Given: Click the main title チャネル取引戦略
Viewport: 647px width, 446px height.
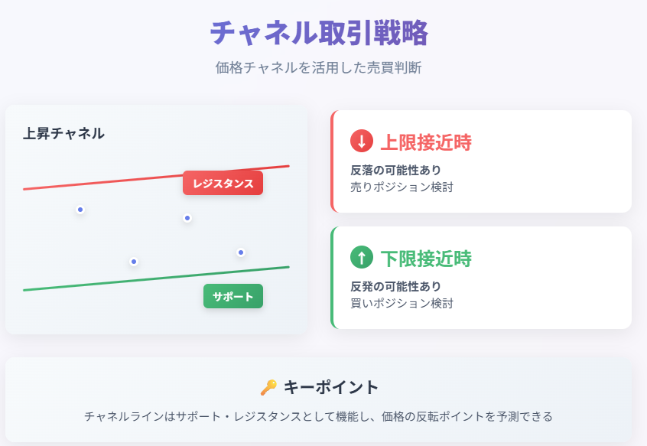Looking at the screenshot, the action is tap(319, 33).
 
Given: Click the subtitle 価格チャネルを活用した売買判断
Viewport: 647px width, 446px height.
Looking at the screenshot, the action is tap(318, 67).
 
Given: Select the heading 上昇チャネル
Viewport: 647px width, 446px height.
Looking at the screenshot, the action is tap(63, 134).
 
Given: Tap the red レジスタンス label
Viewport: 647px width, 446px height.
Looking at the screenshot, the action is tap(223, 183).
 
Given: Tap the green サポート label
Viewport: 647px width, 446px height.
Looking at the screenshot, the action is tap(233, 296).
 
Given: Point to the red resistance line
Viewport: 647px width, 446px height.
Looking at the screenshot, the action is tap(156, 177).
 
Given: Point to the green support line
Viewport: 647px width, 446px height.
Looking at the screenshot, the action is tap(156, 279).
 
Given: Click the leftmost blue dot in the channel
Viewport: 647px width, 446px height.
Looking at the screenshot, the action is tap(80, 210).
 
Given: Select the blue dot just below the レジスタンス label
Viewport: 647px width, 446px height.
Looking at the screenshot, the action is tap(187, 218).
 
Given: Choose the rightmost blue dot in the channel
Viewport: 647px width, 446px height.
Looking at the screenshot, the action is tap(241, 252).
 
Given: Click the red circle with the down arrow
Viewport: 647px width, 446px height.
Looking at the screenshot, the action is tap(362, 141).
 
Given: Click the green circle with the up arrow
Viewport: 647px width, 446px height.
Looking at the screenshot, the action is tap(362, 257).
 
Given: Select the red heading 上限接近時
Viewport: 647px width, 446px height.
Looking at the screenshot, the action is tap(426, 142).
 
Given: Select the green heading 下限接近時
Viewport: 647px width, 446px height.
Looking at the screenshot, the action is tap(426, 259).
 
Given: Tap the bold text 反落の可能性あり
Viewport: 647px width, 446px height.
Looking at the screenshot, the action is tap(395, 170).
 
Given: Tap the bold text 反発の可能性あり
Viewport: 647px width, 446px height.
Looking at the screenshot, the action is tap(395, 286).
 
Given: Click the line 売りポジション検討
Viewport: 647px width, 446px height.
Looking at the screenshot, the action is tap(402, 187).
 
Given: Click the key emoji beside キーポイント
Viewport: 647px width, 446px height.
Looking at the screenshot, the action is tap(268, 387).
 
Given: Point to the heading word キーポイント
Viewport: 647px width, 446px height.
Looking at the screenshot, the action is tap(331, 387).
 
